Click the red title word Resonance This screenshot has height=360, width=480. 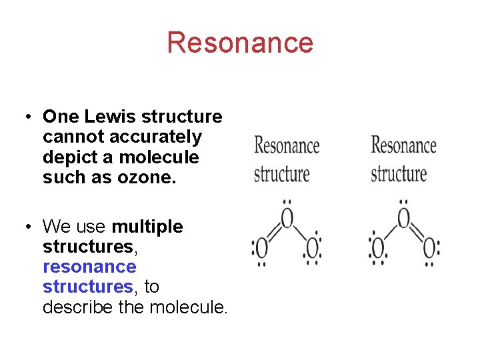pos(240,43)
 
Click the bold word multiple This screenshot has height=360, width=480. pos(147,227)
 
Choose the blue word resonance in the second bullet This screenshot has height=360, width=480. pos(89,267)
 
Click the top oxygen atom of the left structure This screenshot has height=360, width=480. pos(287,218)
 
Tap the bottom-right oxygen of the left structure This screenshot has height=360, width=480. pos(311,249)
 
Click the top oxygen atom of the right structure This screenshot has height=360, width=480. pos(403,218)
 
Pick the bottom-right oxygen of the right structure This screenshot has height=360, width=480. pos(429,249)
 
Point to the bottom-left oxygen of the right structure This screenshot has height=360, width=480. pos(378,249)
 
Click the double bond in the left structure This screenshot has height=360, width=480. pos(273,233)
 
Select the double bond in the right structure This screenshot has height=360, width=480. pos(417,233)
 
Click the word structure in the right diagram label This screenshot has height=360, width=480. pos(399,175)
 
